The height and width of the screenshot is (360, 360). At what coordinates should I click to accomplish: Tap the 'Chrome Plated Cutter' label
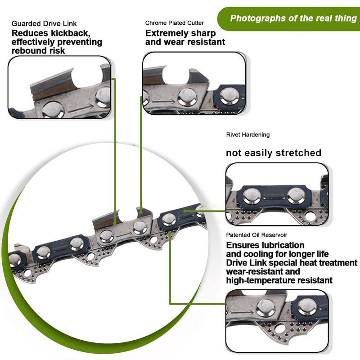click(x=174, y=23)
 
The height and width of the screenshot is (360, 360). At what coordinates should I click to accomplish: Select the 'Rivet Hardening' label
click(x=247, y=135)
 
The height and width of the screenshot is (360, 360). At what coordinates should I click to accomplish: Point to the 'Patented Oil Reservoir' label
click(x=258, y=235)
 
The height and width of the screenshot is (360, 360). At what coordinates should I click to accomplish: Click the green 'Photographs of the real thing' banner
click(x=293, y=18)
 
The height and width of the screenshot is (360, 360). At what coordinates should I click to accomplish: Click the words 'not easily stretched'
click(x=273, y=153)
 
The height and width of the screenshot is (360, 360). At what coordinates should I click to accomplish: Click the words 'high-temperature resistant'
click(x=279, y=280)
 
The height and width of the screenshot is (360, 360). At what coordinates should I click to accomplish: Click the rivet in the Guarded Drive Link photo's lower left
click(x=53, y=109)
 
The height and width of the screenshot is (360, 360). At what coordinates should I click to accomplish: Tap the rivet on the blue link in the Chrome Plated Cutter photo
click(x=229, y=96)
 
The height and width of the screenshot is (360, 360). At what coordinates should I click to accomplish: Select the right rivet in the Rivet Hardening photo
click(x=296, y=195)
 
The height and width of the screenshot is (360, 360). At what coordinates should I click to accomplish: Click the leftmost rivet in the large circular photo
click(x=14, y=260)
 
